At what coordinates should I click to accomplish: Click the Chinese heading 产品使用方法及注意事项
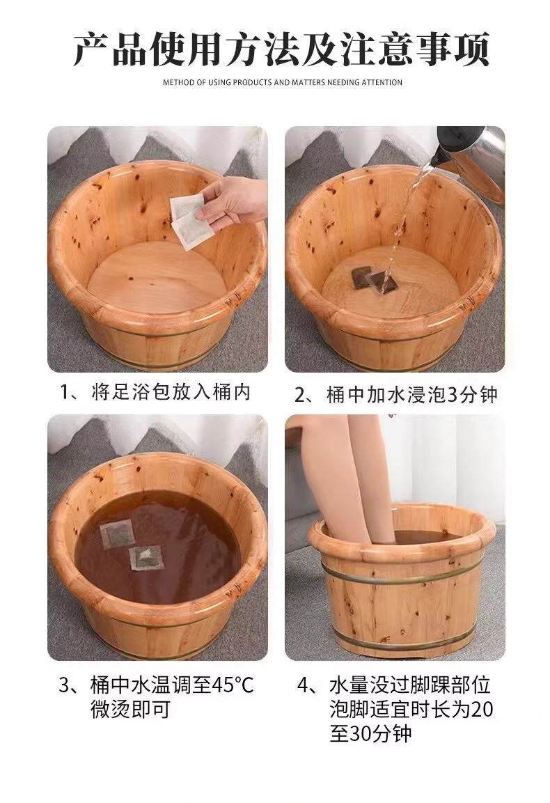click(x=281, y=49)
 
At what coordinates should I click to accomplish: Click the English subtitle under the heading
click(x=283, y=82)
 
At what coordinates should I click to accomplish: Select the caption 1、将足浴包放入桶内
click(x=155, y=392)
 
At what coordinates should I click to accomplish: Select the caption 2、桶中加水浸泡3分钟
click(x=396, y=395)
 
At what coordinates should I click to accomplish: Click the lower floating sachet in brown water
click(x=147, y=558)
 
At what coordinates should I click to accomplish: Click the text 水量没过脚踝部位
click(x=410, y=685)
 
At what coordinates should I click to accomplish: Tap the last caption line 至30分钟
click(x=371, y=734)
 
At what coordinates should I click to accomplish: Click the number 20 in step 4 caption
click(x=481, y=710)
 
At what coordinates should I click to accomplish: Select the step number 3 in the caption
click(x=64, y=685)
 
